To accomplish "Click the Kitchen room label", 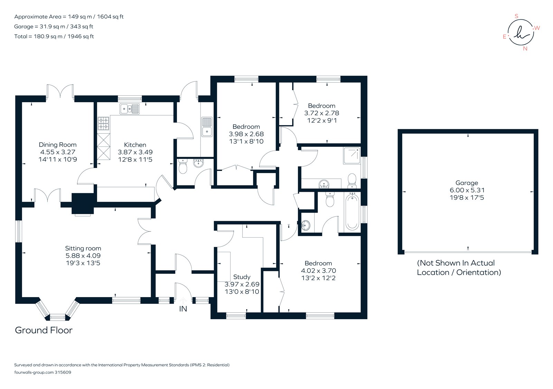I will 135,145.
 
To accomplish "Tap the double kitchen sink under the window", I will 130,109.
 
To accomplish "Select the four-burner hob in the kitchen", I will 103,124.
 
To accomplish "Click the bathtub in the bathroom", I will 352,211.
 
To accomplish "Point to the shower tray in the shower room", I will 352,156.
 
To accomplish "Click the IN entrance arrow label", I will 183,309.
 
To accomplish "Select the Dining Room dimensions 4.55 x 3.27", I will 57,152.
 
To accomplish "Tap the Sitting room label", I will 83,248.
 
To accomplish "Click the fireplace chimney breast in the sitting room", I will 83,204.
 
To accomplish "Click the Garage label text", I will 467,183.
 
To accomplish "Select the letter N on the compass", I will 525,49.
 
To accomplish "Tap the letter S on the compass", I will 517,16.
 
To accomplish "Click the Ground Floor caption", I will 44,330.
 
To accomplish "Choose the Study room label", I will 242,277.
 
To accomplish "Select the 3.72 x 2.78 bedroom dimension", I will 321,113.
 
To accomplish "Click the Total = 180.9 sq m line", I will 54,36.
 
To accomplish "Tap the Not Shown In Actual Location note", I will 459,268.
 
